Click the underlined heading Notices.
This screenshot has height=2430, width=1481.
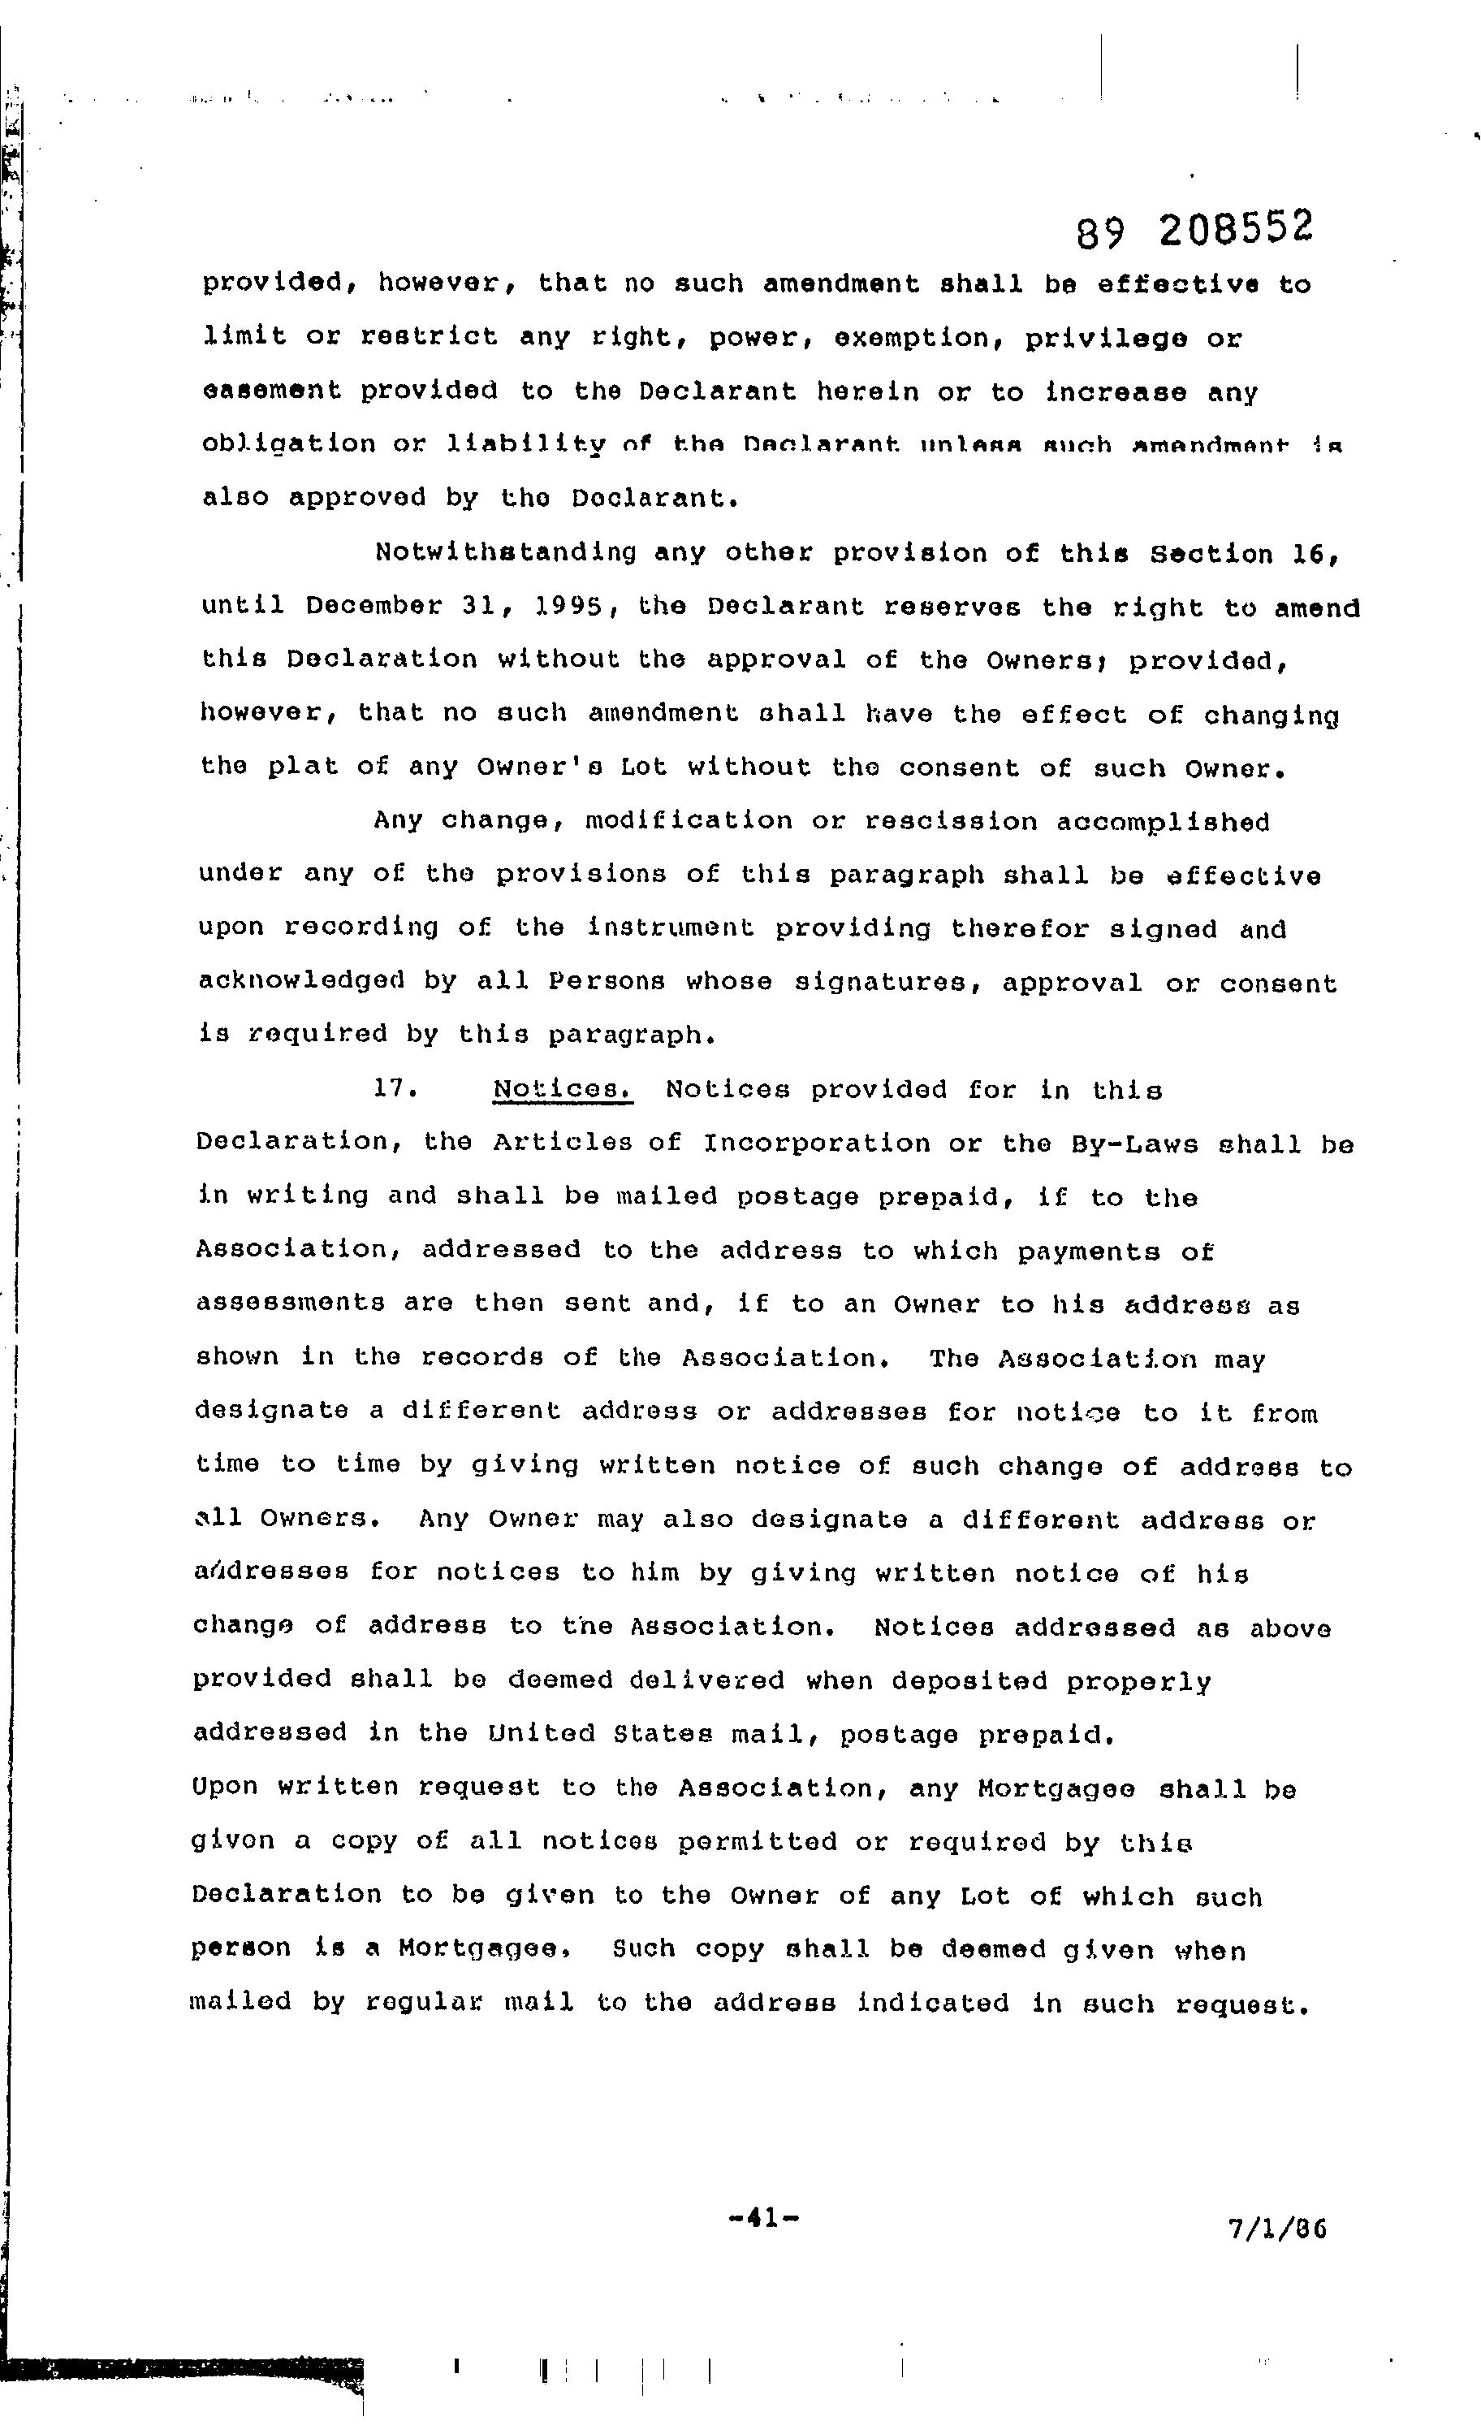point(562,1090)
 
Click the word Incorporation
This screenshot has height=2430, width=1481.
point(817,1144)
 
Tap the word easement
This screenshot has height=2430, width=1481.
point(271,391)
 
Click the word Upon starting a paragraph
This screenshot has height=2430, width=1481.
point(226,1787)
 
